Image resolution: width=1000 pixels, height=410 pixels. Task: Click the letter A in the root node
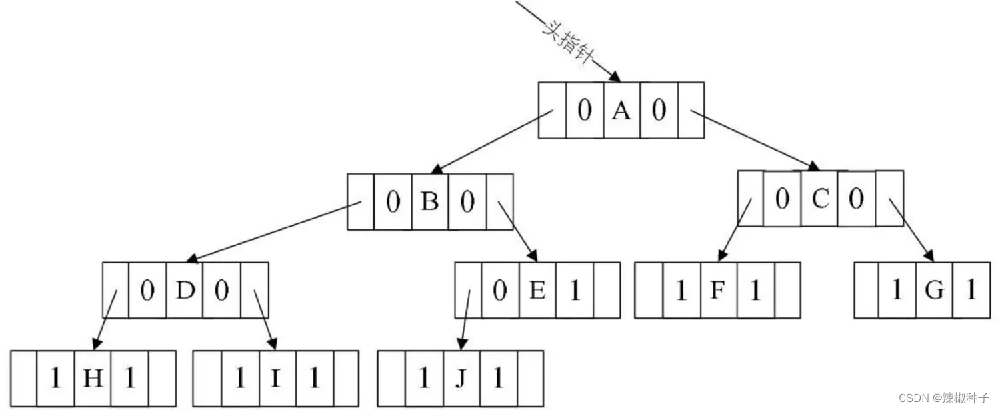point(621,111)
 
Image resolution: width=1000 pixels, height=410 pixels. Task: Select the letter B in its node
point(430,201)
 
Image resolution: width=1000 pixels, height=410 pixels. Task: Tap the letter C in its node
point(819,198)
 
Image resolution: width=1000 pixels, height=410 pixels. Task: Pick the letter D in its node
point(184,290)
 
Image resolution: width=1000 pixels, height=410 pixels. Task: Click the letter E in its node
point(537,290)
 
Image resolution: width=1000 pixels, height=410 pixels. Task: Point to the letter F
point(718,290)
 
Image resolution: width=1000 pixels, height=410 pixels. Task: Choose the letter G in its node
point(934,290)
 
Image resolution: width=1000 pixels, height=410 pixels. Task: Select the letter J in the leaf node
point(460,379)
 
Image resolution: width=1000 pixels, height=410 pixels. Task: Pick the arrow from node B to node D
point(273,231)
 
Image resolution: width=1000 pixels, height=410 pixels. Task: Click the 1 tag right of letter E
point(574,290)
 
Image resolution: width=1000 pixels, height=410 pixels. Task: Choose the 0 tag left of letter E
point(500,290)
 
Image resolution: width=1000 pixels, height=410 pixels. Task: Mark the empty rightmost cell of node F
point(787,290)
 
